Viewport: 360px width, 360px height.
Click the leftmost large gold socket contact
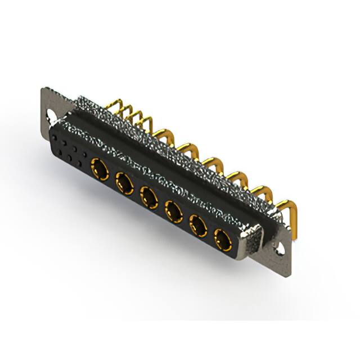coord(99,168)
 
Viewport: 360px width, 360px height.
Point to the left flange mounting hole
coord(52,118)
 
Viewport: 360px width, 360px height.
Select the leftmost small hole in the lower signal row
coord(59,148)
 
